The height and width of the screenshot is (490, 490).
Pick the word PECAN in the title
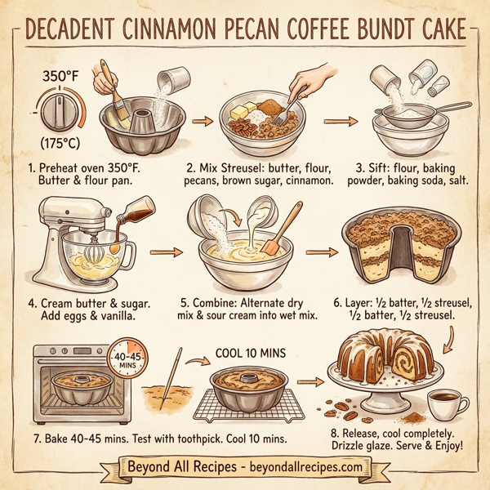247,30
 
